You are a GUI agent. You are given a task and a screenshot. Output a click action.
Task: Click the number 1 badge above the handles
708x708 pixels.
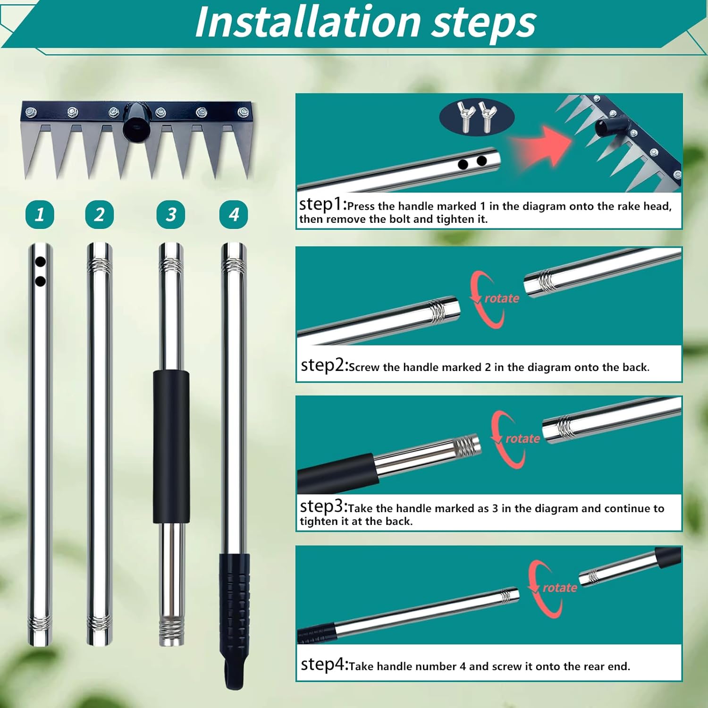(x=40, y=215)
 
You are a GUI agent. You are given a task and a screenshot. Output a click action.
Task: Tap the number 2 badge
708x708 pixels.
(x=99, y=215)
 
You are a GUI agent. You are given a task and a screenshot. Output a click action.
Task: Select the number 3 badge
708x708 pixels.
(x=170, y=215)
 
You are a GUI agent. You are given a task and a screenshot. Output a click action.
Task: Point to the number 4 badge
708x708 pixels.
(x=234, y=215)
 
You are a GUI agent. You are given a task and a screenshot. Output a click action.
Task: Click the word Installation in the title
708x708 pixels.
(x=307, y=22)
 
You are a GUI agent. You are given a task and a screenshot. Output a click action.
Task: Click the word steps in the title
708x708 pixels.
(x=484, y=22)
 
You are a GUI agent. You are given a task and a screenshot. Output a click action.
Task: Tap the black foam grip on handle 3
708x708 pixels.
(x=171, y=446)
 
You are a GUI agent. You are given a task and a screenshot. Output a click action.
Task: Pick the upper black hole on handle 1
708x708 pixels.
(x=41, y=261)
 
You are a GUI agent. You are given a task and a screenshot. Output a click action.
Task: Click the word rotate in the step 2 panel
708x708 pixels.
(x=502, y=298)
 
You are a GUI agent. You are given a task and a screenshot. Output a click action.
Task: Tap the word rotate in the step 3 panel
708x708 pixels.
(x=523, y=438)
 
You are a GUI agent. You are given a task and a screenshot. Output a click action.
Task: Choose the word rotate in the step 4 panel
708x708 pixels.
(x=560, y=588)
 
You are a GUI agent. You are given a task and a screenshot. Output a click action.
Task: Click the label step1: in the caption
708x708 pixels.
(x=323, y=204)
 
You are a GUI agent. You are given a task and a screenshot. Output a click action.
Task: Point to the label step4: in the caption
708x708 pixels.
(x=324, y=665)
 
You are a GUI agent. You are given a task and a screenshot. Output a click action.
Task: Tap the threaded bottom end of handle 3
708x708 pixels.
(x=171, y=630)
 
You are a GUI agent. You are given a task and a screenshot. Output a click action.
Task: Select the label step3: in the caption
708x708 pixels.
(x=324, y=506)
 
